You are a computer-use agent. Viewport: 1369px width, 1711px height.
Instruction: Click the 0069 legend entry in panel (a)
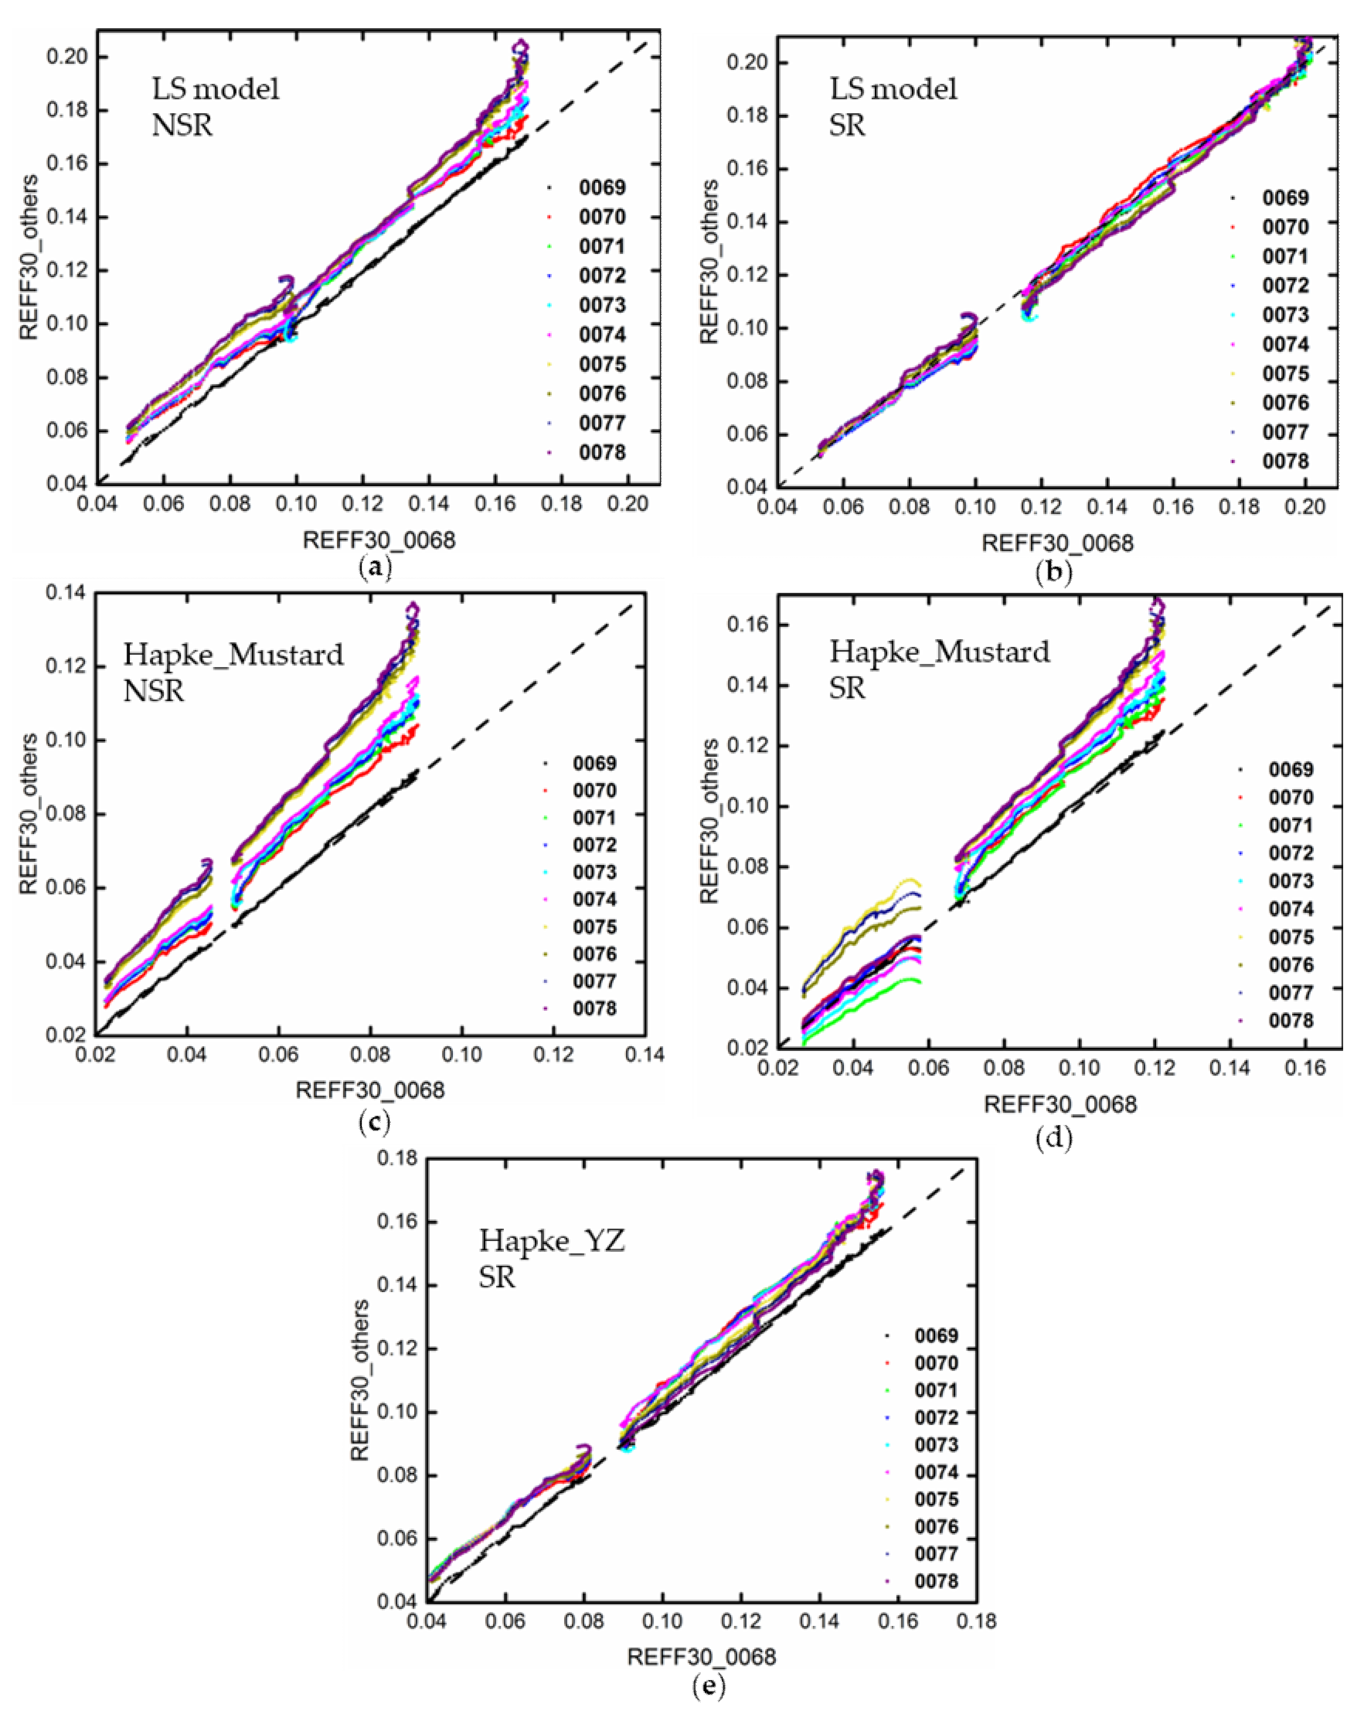[602, 188]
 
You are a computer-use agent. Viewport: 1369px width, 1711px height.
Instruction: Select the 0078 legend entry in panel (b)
[1285, 461]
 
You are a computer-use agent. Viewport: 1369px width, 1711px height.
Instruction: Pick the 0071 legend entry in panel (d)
[1291, 825]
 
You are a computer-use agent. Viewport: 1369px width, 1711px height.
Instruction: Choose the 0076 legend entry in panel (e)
[936, 1526]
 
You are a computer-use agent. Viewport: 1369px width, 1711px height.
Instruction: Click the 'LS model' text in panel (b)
[894, 89]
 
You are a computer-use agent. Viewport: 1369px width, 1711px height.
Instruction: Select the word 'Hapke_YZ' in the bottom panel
[551, 1239]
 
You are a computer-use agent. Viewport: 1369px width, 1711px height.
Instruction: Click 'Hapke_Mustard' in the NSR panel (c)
[233, 655]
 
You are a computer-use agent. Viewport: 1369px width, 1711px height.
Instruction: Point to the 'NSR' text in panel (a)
[182, 125]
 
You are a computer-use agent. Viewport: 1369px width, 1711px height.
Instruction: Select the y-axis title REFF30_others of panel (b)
[709, 262]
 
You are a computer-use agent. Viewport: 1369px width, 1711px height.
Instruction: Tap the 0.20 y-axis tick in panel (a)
[68, 57]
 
